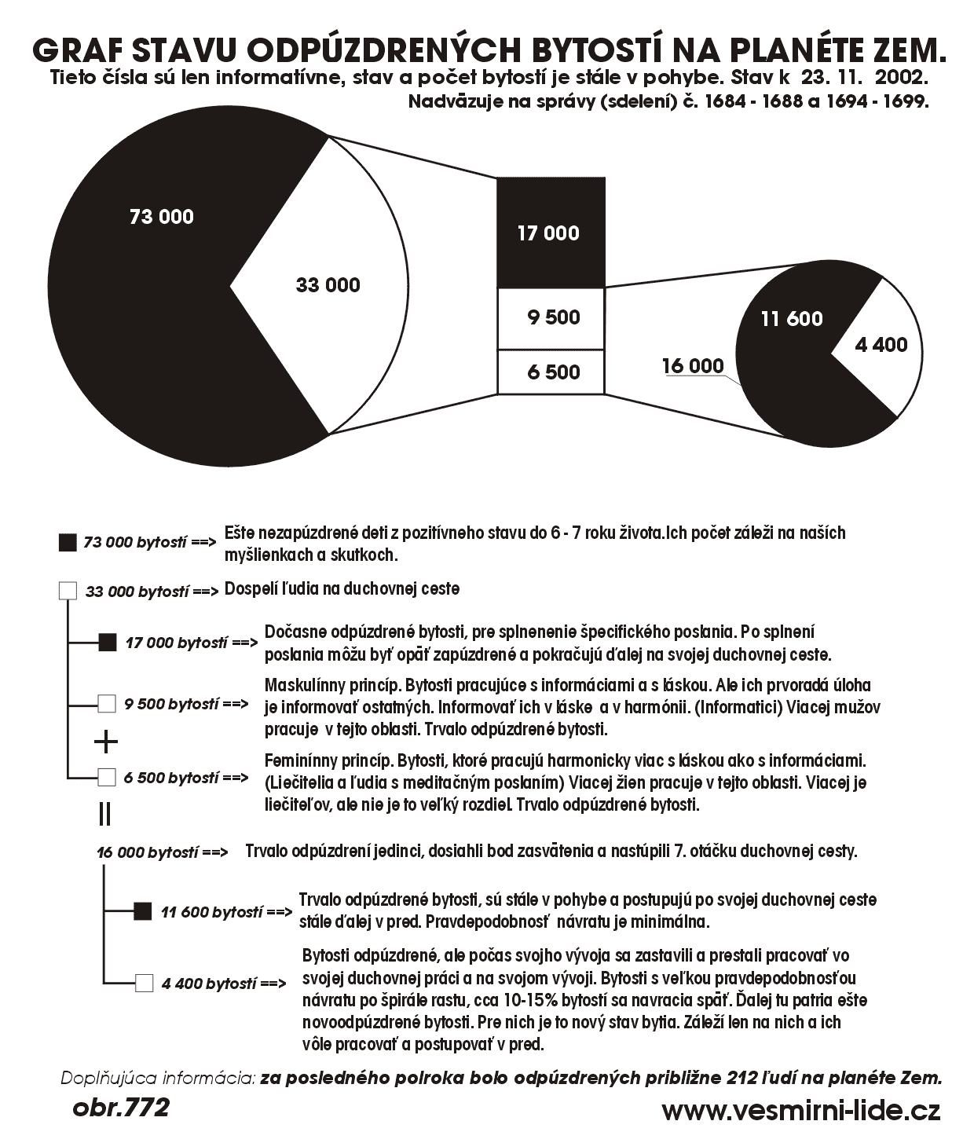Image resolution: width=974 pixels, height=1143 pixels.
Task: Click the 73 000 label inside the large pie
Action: click(x=161, y=217)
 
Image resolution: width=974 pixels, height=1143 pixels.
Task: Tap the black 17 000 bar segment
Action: click(x=551, y=233)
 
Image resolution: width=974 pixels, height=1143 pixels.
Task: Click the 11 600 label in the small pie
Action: click(x=791, y=319)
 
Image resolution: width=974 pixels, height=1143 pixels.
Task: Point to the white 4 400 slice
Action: click(x=880, y=345)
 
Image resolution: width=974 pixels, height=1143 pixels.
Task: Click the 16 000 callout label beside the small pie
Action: click(x=692, y=366)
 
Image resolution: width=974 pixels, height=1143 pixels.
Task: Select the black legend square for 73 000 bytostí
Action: click(x=68, y=542)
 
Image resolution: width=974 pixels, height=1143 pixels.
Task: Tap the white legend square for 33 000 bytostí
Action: click(x=68, y=591)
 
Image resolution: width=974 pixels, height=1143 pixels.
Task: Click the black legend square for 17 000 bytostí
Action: click(x=108, y=643)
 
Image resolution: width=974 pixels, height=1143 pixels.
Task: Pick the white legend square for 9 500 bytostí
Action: click(x=107, y=703)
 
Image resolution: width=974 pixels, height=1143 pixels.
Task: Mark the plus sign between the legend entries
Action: click(x=105, y=741)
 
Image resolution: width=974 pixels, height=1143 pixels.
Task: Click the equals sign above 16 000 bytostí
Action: click(x=104, y=814)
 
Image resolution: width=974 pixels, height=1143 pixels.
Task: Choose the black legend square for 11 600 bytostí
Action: click(x=142, y=911)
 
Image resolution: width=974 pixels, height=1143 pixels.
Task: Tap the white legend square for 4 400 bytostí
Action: click(x=144, y=983)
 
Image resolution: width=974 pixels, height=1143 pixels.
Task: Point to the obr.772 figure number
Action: click(x=120, y=1108)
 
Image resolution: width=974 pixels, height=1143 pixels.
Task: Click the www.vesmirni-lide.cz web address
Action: click(x=800, y=1111)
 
